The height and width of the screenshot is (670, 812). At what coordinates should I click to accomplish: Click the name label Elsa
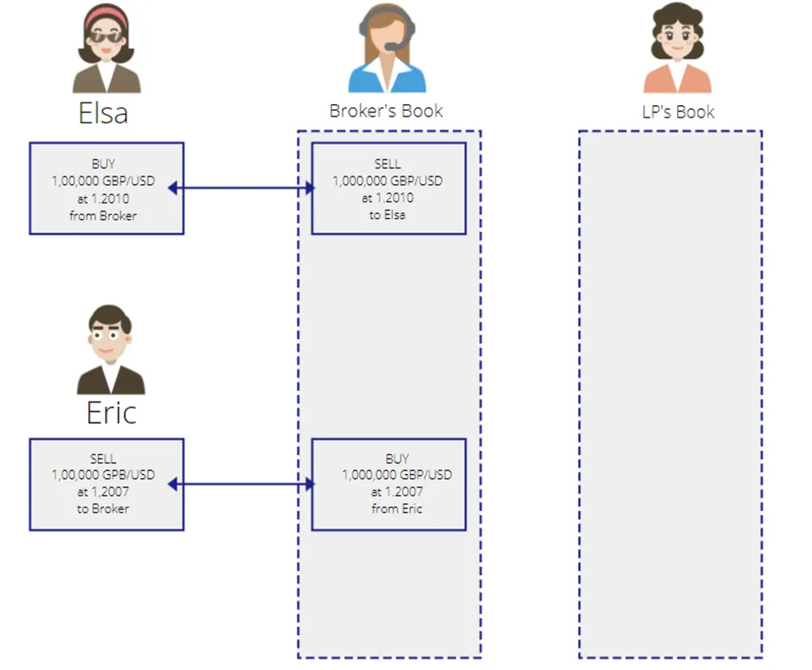coord(103,113)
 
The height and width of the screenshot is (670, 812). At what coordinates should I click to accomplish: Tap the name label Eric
coord(112,413)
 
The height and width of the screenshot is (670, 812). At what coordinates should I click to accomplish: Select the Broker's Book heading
coord(386,111)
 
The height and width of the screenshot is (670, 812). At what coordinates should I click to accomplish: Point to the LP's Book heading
coord(678,112)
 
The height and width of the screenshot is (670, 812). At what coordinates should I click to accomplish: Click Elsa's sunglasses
coord(107,37)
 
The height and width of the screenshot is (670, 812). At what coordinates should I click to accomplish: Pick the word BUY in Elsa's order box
coord(103,163)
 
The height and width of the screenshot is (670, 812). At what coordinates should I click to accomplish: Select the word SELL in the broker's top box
coord(387,163)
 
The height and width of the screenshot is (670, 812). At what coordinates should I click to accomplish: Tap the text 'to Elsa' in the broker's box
coord(387,214)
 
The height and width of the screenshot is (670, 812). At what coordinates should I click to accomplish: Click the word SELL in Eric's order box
coord(103,458)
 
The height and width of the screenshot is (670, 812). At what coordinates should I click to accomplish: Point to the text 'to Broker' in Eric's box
coord(103,508)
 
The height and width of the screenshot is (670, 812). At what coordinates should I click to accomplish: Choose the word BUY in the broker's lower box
coord(397,458)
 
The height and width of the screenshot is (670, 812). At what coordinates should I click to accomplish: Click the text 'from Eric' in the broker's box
coord(396,508)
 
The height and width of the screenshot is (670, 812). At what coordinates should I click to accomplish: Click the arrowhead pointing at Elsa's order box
coord(172,187)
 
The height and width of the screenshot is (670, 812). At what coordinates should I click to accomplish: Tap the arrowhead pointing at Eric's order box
coord(172,484)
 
